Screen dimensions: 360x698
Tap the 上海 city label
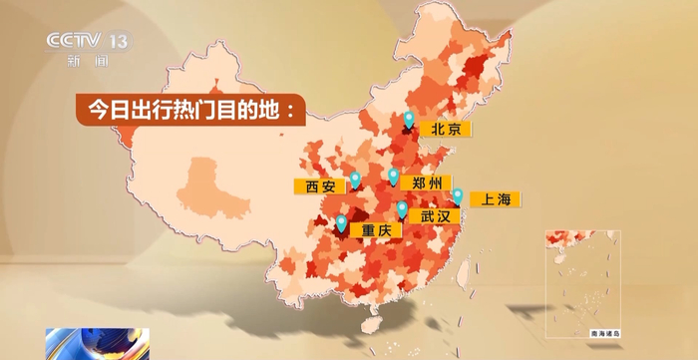(x=495, y=199)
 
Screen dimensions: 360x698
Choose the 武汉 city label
(x=436, y=215)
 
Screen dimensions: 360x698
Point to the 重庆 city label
(x=375, y=230)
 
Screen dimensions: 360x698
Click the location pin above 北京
(x=409, y=120)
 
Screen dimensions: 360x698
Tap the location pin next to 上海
(x=459, y=195)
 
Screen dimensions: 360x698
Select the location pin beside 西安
(x=356, y=180)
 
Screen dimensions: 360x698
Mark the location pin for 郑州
(x=394, y=180)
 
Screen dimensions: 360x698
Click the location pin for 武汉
(x=402, y=209)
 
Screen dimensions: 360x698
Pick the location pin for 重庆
(x=342, y=223)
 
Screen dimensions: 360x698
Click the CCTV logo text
(x=76, y=42)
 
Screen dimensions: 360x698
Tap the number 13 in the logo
(x=120, y=42)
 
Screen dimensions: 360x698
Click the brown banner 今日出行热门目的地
(x=186, y=109)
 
